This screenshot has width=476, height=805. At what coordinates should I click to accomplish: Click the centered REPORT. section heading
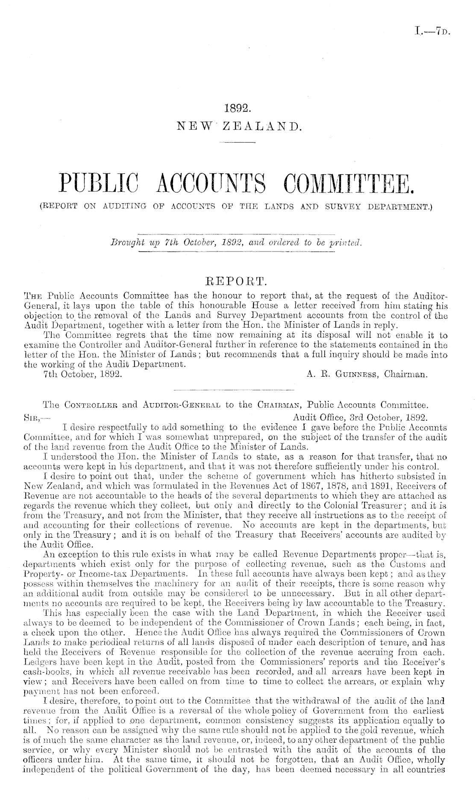(x=237, y=281)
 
